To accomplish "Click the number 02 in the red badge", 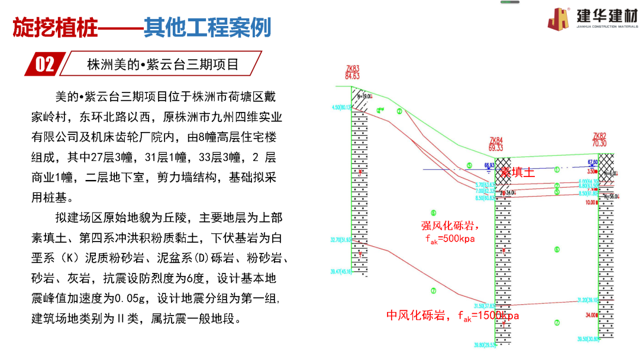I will tap(45, 64).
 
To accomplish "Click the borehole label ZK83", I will tap(352, 69).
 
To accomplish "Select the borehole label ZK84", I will tap(496, 140).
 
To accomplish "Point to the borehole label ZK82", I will tap(599, 136).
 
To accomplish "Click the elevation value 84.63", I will tap(352, 76).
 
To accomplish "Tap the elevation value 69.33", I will tap(496, 147).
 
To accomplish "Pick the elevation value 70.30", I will tap(599, 143).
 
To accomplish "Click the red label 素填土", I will tap(517, 172).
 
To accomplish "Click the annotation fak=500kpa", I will tap(450, 239).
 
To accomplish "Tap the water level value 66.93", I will tap(489, 165).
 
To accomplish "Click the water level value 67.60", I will tap(592, 162).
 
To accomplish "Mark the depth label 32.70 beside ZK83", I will tap(341, 240).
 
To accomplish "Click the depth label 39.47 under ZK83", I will tap(341, 271).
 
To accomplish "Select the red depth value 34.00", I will tap(591, 315).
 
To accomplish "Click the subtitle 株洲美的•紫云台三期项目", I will tap(163, 64).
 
